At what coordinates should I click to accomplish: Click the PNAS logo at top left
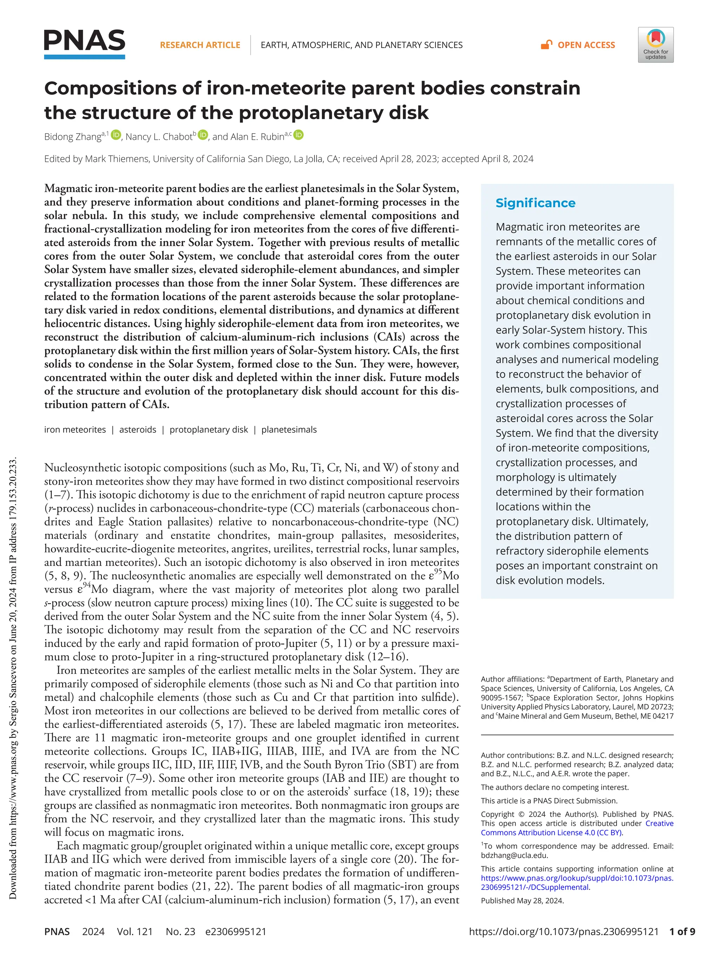click(84, 43)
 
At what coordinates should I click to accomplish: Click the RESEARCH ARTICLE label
click(200, 45)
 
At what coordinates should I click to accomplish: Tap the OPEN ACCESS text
click(586, 45)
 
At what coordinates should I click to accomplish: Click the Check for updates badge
click(655, 45)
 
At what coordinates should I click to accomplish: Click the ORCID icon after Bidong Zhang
click(116, 135)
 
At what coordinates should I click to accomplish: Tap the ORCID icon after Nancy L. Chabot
click(203, 135)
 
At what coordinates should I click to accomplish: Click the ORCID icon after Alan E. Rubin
click(299, 135)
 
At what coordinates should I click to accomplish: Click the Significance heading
click(535, 203)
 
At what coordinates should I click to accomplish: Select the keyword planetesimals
click(289, 430)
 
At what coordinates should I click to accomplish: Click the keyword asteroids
click(138, 430)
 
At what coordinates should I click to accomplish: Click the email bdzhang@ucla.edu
click(514, 856)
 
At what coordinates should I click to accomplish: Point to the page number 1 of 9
click(682, 932)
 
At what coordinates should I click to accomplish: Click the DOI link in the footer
click(564, 932)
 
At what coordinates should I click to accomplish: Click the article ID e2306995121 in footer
click(236, 932)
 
